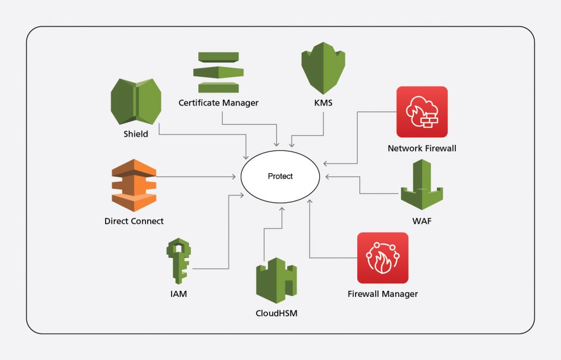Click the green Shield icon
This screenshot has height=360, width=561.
136,101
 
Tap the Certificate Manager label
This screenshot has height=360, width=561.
218,102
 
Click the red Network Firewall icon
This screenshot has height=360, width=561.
422,112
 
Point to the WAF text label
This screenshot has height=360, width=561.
422,221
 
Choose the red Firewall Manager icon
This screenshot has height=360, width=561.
382,258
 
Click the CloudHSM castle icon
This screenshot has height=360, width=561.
276,280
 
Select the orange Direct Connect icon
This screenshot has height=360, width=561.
134,185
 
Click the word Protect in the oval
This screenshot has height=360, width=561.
280,176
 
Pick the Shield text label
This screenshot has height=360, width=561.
136,134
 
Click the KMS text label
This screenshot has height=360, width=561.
324,103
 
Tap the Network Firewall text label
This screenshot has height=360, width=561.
422,148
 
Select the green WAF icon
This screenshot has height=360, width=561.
422,185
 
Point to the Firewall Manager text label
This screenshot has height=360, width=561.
382,294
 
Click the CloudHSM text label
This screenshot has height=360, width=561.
277,313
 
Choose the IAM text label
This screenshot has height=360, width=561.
179,294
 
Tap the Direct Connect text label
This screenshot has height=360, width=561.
134,221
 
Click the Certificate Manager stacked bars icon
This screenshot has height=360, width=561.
218,72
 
